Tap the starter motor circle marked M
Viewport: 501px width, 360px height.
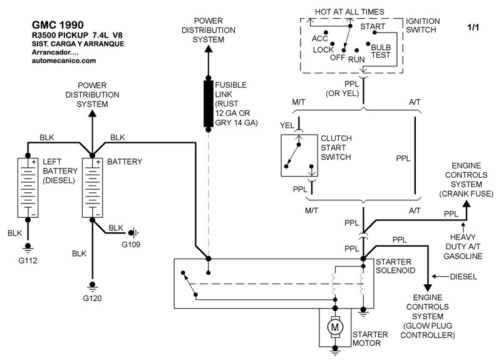tap(336, 326)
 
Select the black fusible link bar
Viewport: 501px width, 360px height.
tap(208, 103)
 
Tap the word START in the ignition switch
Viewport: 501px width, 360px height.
tap(373, 27)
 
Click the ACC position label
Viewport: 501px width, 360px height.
tap(320, 38)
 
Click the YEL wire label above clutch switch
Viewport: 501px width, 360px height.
tap(287, 125)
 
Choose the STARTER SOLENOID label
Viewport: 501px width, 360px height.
tap(396, 265)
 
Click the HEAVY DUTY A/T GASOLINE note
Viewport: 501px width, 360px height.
tap(464, 247)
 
